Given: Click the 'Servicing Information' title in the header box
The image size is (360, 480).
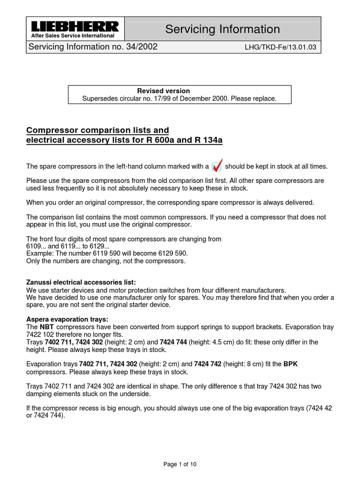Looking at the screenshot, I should pos(222,29).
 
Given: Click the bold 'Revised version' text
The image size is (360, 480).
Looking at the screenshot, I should pos(163,91).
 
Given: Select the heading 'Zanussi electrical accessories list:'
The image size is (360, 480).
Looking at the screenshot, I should pos(81,282).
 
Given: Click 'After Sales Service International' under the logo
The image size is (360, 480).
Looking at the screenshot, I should pos(72,36).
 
